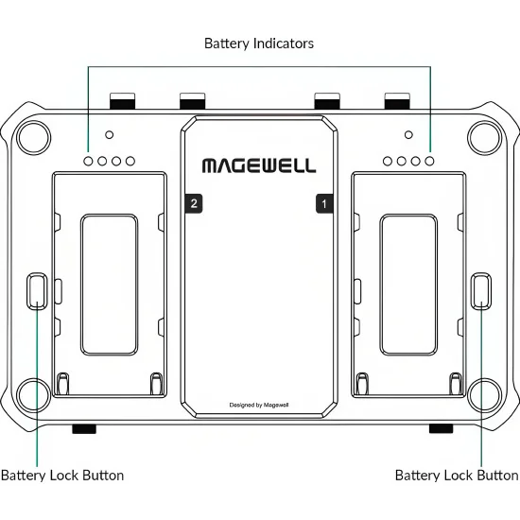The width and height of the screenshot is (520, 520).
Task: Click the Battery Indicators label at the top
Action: click(259, 43)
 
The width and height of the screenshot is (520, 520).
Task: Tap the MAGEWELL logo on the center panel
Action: click(259, 165)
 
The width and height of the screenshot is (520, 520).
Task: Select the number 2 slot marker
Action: click(194, 203)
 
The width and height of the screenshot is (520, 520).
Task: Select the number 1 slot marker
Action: click(324, 203)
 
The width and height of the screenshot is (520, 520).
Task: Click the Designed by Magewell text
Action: click(259, 405)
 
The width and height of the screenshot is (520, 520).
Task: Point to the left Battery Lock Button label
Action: click(62, 476)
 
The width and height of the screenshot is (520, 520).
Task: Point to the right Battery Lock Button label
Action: click(457, 476)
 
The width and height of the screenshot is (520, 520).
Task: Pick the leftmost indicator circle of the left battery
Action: click(88, 161)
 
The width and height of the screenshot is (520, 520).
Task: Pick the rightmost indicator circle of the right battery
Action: click(429, 161)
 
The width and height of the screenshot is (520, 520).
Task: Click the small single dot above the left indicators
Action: click(109, 134)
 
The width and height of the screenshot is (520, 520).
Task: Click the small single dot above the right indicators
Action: click(408, 134)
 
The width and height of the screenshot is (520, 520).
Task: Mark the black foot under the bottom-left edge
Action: click(84, 429)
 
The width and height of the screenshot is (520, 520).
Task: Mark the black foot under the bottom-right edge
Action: click(442, 429)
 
